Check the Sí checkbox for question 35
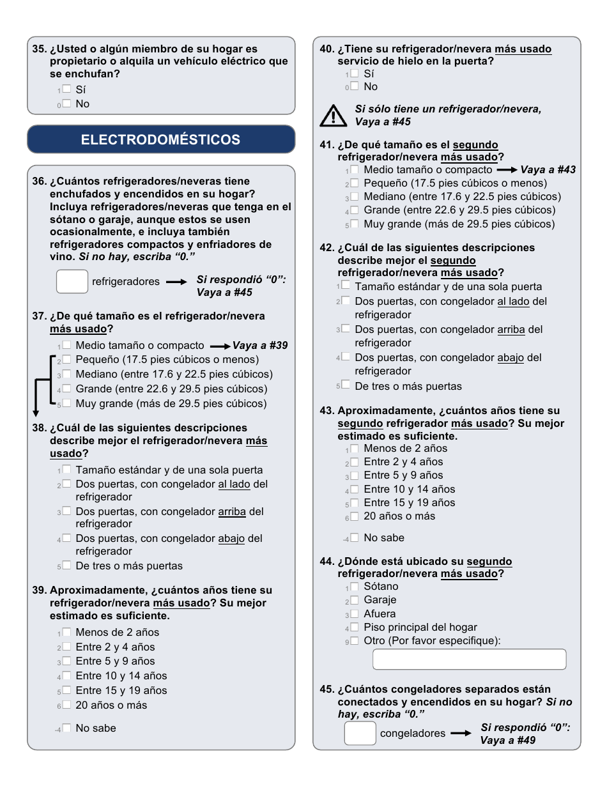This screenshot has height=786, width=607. coord(66,89)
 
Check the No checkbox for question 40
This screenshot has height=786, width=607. coord(355,86)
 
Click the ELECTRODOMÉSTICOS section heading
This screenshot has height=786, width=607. coord(161,139)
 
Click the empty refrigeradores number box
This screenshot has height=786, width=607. coord(72,281)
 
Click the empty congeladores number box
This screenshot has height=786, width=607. coord(360,733)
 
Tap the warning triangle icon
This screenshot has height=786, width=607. coord(333,116)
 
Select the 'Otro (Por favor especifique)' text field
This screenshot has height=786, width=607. coord(469,659)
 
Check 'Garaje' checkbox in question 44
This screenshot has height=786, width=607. coord(355,600)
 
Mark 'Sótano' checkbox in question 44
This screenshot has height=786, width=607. coord(355,587)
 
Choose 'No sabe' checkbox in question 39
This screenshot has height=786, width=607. coord(66,728)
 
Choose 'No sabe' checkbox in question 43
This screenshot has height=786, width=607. coord(355,537)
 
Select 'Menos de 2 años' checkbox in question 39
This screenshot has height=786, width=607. coord(66,632)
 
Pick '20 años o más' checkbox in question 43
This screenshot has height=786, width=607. coord(355,516)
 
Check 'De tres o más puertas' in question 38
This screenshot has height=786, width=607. coord(66,566)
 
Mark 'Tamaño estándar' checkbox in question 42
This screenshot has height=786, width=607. coord(346,286)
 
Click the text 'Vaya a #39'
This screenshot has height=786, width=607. coord(260,345)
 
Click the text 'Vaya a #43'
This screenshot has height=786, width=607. coord(548,170)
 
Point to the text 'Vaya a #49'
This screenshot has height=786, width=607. coord(508,740)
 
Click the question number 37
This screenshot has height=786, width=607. coord(40,316)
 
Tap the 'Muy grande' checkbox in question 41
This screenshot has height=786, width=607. coord(355,224)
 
